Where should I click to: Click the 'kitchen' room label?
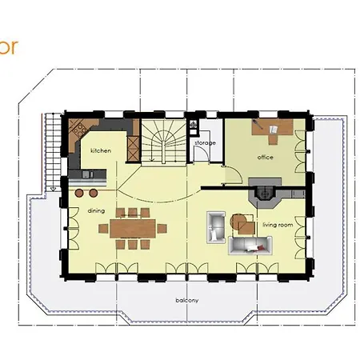100,150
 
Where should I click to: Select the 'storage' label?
205,142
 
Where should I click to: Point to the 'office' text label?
266,157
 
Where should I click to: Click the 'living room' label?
277,225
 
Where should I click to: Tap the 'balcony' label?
188,300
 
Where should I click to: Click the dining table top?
127,226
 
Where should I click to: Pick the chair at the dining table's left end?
104,226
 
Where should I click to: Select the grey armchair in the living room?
215,226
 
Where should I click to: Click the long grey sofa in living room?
254,244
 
